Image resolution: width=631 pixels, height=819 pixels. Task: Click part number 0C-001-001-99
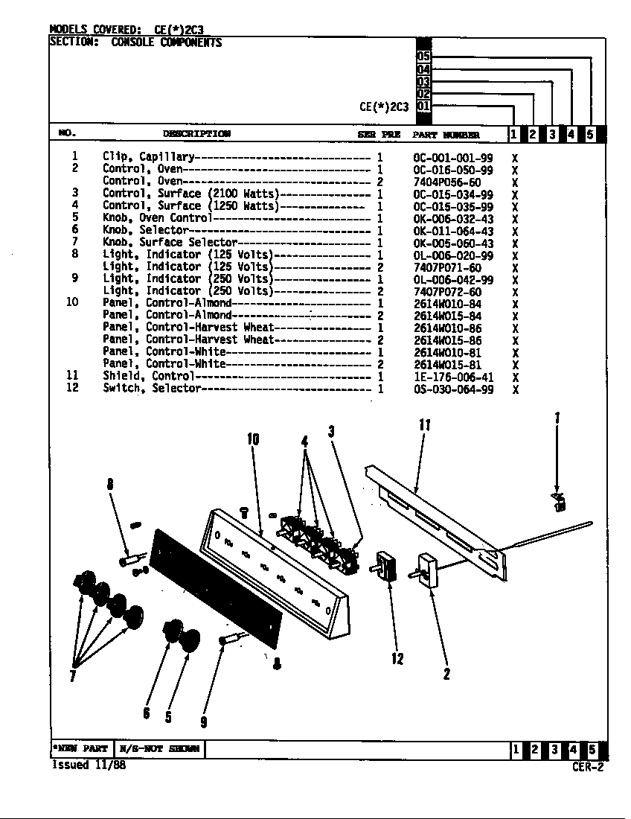[x=452, y=158]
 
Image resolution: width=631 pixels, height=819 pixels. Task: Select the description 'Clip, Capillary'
[x=148, y=157]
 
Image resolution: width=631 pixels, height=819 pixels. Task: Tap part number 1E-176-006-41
[x=452, y=377]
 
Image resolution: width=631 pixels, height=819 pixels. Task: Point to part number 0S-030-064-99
[x=452, y=389]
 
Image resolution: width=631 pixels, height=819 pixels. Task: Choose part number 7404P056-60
[x=447, y=182]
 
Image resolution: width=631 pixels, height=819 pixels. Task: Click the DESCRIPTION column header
[x=196, y=134]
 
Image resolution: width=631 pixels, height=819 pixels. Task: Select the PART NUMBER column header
[x=446, y=135]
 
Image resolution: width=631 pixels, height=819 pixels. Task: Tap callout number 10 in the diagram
[x=253, y=439]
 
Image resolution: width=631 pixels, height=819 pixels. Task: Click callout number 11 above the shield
[x=424, y=425]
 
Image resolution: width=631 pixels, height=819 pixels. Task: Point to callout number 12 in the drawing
[x=397, y=658]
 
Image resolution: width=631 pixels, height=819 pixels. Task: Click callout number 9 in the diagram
[x=203, y=721]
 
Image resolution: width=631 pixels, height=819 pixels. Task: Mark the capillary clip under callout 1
[x=557, y=502]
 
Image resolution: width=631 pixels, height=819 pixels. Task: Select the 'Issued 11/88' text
[x=88, y=765]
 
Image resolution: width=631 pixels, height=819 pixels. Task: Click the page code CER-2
[x=588, y=768]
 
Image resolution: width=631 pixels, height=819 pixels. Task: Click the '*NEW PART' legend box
[x=80, y=749]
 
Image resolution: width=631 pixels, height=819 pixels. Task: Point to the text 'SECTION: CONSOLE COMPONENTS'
[x=135, y=42]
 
